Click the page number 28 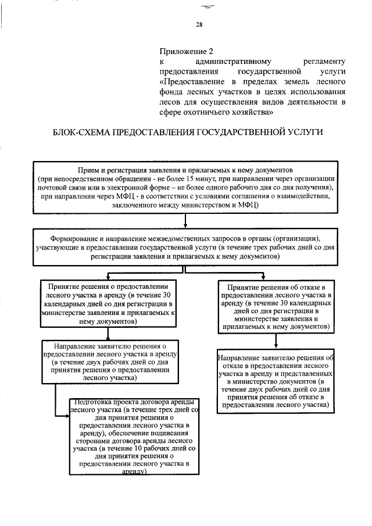pyautogui.click(x=199, y=24)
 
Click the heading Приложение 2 pyautogui.click(x=183, y=51)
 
